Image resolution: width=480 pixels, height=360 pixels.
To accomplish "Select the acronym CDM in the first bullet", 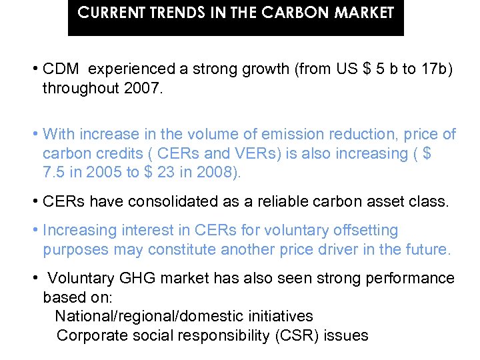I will (x=61, y=69).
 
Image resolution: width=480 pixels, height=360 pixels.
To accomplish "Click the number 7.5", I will (x=54, y=173).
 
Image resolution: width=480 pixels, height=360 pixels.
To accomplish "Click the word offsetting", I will (x=359, y=231).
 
